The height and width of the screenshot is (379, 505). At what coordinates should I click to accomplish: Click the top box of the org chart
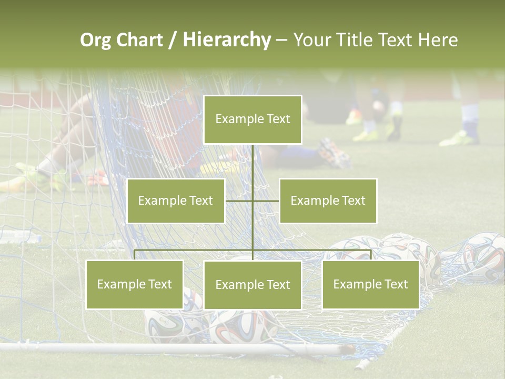coord(252,119)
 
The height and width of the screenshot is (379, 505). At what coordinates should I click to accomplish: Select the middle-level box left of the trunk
coord(176,201)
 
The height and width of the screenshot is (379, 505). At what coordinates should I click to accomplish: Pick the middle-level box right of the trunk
coord(328,201)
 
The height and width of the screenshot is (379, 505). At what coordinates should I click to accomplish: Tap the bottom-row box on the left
coord(135,285)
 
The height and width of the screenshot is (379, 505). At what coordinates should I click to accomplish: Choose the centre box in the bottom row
coord(252,285)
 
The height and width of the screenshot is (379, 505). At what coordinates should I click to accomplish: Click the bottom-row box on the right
coord(370,285)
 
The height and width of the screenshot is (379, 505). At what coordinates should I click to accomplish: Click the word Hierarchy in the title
coord(227,40)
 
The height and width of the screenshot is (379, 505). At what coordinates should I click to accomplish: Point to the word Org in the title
coord(96,40)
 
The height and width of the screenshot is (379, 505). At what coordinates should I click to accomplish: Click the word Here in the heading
coord(438,40)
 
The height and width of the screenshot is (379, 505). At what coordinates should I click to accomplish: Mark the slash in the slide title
coord(173,40)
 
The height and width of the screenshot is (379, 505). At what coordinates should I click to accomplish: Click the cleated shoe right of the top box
coord(335,153)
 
